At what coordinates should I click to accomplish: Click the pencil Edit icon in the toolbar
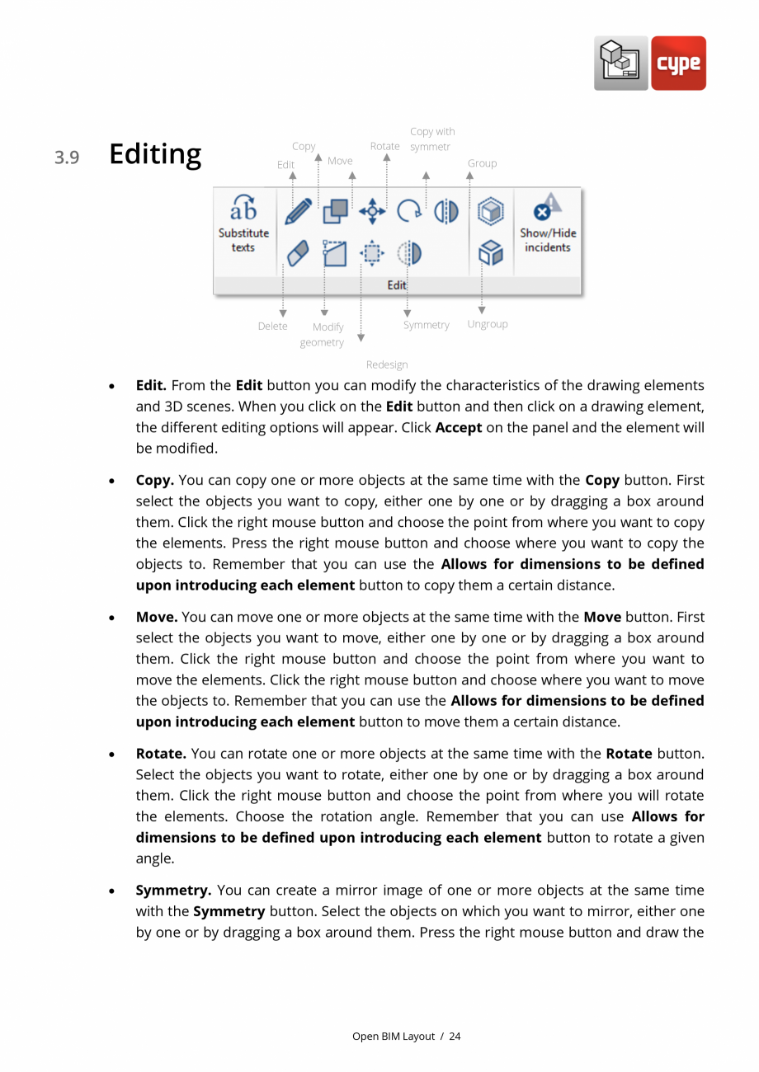(298, 211)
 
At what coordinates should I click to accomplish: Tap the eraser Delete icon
(298, 253)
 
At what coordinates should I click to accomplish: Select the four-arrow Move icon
(372, 211)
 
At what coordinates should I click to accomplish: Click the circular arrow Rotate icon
(408, 211)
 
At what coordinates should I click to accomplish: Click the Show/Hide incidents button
(548, 224)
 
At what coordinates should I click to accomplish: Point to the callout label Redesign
(387, 364)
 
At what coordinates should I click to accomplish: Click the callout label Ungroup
(488, 324)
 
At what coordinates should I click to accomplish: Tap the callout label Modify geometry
(323, 335)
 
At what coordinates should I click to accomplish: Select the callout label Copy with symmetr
(431, 139)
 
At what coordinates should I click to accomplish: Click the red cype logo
(678, 63)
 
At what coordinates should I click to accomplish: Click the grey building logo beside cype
(620, 63)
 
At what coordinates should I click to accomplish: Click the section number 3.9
(67, 158)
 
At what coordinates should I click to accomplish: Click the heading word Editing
(155, 154)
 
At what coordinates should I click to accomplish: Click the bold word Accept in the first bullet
(459, 428)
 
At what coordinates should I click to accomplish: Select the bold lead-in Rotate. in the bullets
(161, 754)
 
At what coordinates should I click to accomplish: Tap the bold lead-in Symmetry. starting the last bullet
(173, 891)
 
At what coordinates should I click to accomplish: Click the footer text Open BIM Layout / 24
(406, 1037)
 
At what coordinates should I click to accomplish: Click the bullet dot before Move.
(111, 618)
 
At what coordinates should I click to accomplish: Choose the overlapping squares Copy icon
(335, 211)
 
